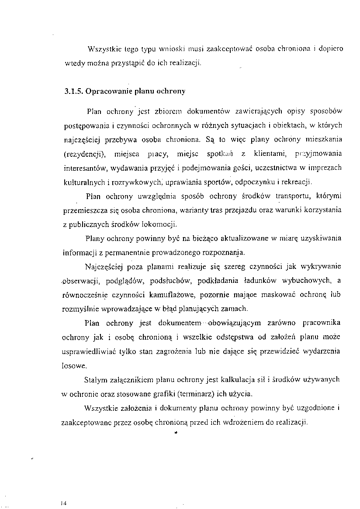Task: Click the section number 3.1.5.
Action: point(73,92)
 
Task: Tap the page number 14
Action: point(64,503)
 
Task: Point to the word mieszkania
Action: point(324,139)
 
